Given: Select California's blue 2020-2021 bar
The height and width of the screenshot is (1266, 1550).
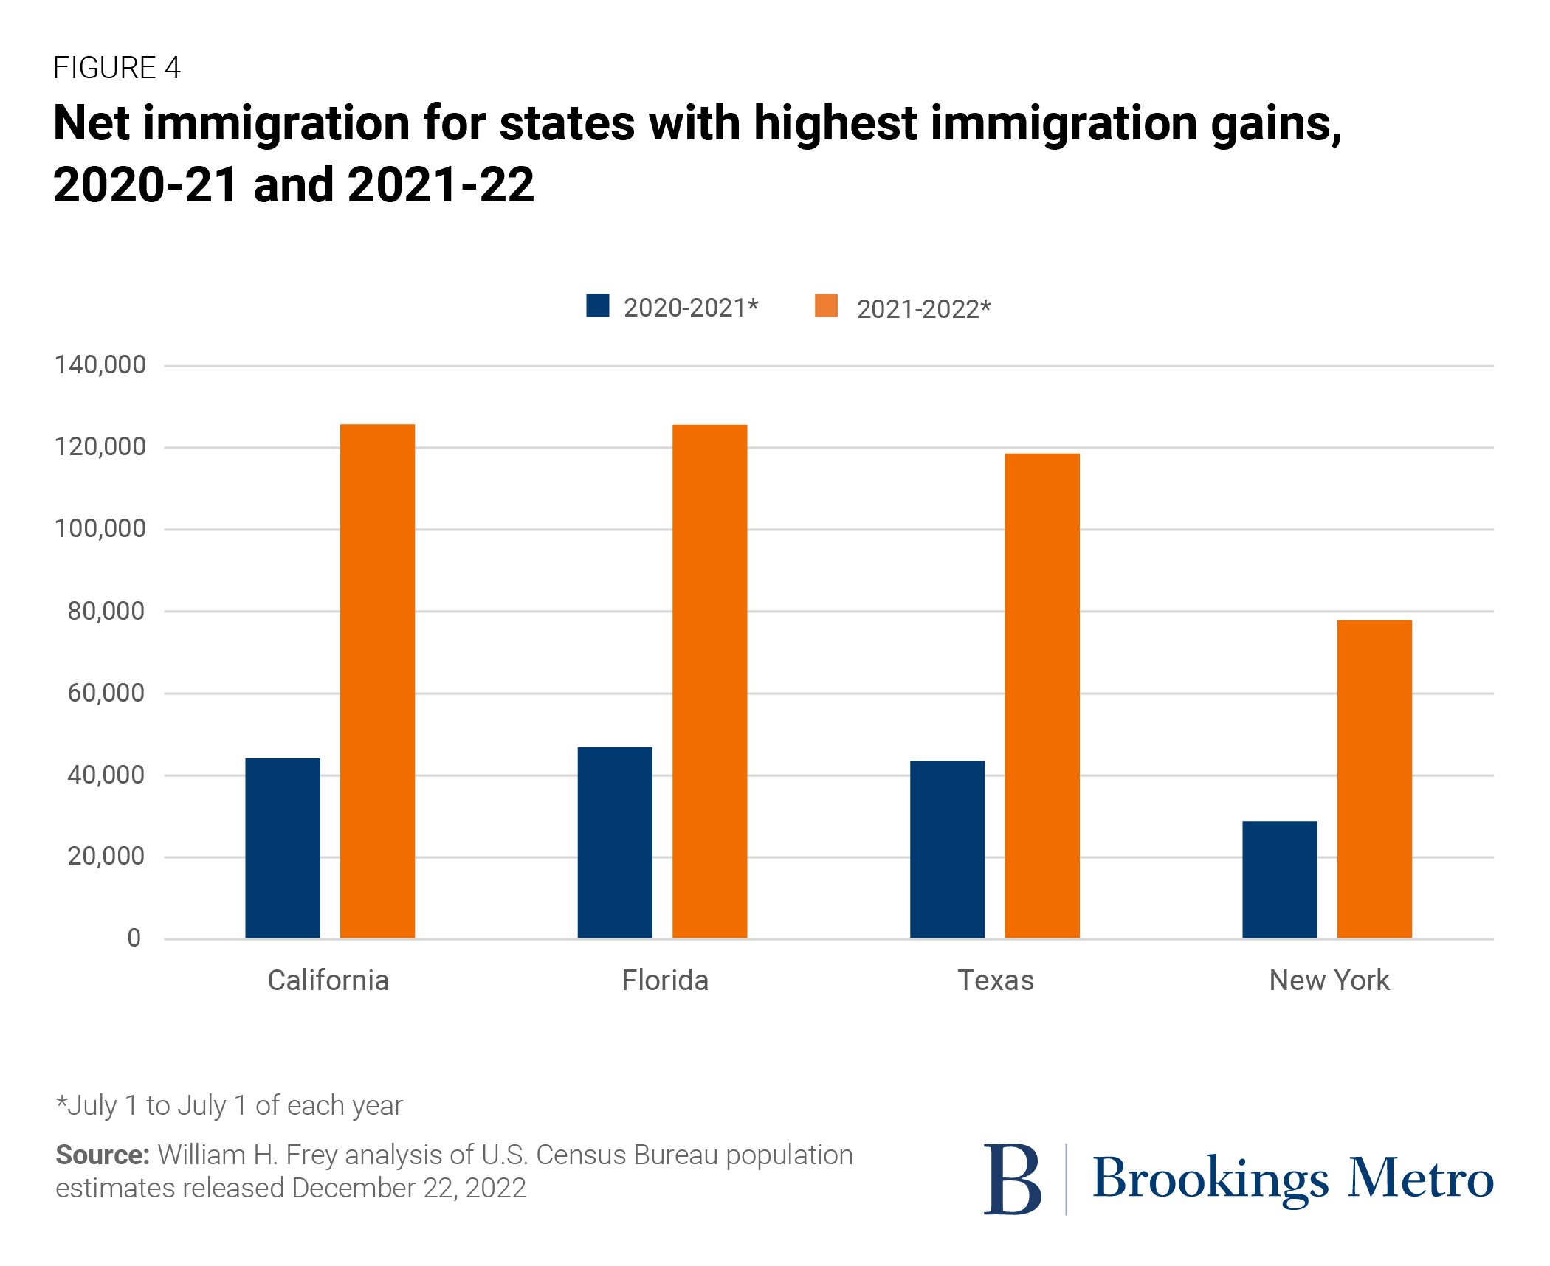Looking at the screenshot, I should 283,848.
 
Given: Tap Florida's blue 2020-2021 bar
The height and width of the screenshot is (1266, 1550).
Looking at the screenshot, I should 615,843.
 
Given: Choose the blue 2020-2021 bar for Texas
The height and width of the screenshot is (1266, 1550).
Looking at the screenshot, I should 947,850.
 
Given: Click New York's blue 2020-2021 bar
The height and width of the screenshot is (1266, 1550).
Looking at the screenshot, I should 1279,879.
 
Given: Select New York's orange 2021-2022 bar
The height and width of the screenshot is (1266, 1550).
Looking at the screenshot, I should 1374,779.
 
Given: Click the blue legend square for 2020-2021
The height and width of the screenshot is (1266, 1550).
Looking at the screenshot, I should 598,305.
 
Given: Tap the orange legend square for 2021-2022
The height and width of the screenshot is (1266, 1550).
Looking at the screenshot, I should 826,305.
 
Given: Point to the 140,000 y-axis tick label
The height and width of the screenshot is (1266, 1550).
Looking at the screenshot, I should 100,364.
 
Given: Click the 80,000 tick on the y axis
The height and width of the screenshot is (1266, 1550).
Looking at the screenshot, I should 106,611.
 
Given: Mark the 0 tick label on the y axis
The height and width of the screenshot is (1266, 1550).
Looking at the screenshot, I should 134,938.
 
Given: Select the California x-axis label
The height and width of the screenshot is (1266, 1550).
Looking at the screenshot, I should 328,980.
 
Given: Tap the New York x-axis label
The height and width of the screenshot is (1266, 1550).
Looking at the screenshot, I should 1329,980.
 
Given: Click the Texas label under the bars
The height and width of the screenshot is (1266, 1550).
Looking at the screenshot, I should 996,980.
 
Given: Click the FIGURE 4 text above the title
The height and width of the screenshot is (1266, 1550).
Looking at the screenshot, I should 117,68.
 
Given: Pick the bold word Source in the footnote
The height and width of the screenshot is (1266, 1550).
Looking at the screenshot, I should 103,1155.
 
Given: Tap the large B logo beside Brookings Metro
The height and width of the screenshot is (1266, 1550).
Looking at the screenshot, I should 1012,1179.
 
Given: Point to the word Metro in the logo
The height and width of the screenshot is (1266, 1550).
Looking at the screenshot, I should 1421,1178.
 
